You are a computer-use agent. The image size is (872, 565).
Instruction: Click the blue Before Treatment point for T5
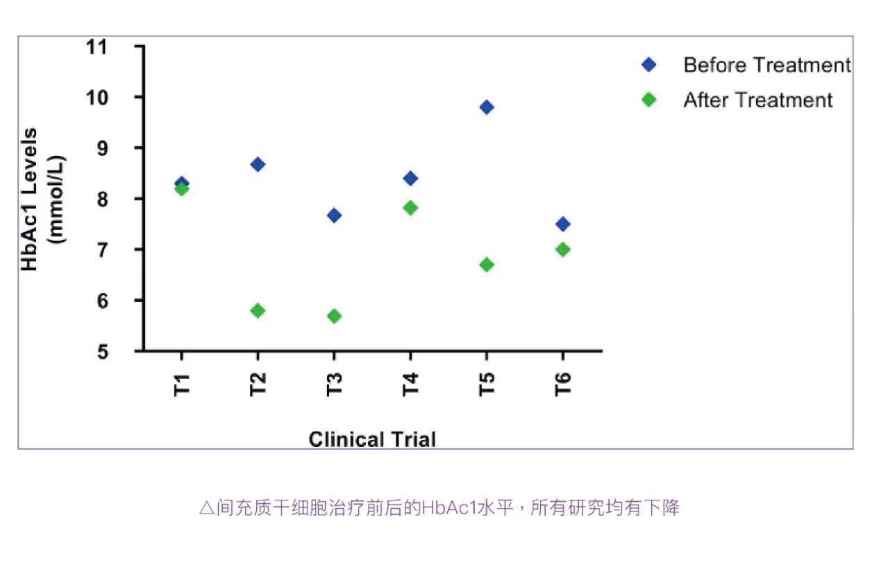point(487,107)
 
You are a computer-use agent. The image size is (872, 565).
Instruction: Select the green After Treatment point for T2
point(258,310)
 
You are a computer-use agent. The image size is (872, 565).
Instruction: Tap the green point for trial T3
point(334,316)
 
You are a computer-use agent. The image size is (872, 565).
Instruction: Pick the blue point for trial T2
point(258,165)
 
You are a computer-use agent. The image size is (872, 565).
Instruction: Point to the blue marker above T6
point(563,224)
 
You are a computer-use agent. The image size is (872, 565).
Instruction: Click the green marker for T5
point(487,265)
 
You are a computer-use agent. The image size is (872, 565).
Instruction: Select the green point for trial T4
point(410,208)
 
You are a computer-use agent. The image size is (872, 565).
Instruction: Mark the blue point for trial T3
point(334,215)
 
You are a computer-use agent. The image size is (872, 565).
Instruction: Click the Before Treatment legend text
point(767,65)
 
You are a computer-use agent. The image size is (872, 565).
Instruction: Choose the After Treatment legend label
point(758,100)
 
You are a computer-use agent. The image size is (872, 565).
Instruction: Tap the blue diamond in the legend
point(649,65)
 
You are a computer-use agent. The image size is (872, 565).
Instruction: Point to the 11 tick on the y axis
point(96,47)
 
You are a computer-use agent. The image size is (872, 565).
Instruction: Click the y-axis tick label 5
point(102,352)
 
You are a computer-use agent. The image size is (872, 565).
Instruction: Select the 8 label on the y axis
point(102,199)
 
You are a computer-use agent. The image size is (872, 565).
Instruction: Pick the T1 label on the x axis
point(181,385)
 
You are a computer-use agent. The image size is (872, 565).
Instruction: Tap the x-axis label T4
point(410,385)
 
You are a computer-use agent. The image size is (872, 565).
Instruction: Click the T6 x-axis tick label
point(563,385)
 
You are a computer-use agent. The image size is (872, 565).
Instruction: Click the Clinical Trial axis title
point(372,439)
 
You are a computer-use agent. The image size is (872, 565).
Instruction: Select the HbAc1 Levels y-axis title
point(30,199)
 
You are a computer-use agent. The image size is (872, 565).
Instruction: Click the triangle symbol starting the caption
point(207,508)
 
